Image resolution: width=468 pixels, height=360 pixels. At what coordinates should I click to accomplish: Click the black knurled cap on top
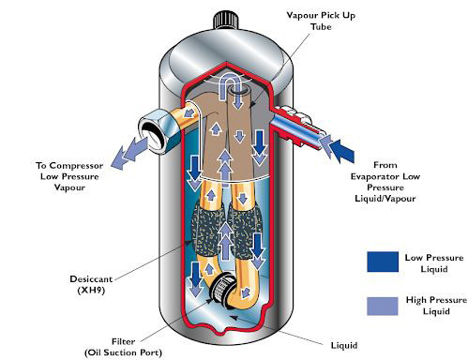[226, 20]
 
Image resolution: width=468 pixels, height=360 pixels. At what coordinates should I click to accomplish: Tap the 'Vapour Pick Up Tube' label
[321, 21]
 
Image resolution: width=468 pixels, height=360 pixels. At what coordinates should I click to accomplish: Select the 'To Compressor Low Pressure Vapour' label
[69, 176]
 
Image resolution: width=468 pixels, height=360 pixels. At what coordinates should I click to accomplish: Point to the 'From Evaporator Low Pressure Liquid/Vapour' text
[385, 182]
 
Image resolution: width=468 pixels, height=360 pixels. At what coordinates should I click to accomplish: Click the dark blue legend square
[383, 262]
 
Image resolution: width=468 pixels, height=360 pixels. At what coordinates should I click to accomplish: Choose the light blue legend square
[383, 306]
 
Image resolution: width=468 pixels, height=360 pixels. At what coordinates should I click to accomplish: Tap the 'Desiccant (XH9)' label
[91, 284]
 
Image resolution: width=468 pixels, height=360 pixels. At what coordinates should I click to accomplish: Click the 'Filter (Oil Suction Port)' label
[123, 347]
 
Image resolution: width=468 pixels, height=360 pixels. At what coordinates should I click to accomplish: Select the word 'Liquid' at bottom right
[344, 345]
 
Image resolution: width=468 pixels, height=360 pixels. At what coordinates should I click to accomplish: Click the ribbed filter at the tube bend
[223, 288]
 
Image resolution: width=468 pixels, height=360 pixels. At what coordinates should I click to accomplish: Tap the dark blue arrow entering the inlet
[341, 151]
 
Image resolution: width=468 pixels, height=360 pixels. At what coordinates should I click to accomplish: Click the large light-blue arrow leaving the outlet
[129, 152]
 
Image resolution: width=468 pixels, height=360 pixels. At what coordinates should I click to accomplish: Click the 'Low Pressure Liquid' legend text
[434, 263]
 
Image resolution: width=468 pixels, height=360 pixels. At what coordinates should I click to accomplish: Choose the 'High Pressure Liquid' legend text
[436, 306]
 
